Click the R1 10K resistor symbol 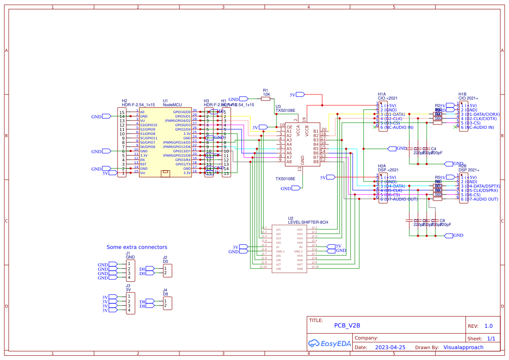(x=266, y=99)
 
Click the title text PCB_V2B (x=347, y=325)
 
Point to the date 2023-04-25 (x=390, y=347)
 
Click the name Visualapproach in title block (x=463, y=347)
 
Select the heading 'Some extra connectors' (x=137, y=247)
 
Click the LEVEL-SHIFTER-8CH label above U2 (x=308, y=222)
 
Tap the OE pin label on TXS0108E (x=289, y=127)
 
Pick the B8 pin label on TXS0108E (x=316, y=161)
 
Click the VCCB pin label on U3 (x=307, y=131)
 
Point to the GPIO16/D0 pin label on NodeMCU (x=183, y=112)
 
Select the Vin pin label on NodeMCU (x=143, y=173)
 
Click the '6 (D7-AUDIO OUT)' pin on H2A (x=399, y=199)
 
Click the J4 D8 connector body (x=167, y=303)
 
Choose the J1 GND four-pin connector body (x=130, y=271)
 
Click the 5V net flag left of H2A (x=330, y=177)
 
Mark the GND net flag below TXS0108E (x=295, y=188)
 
